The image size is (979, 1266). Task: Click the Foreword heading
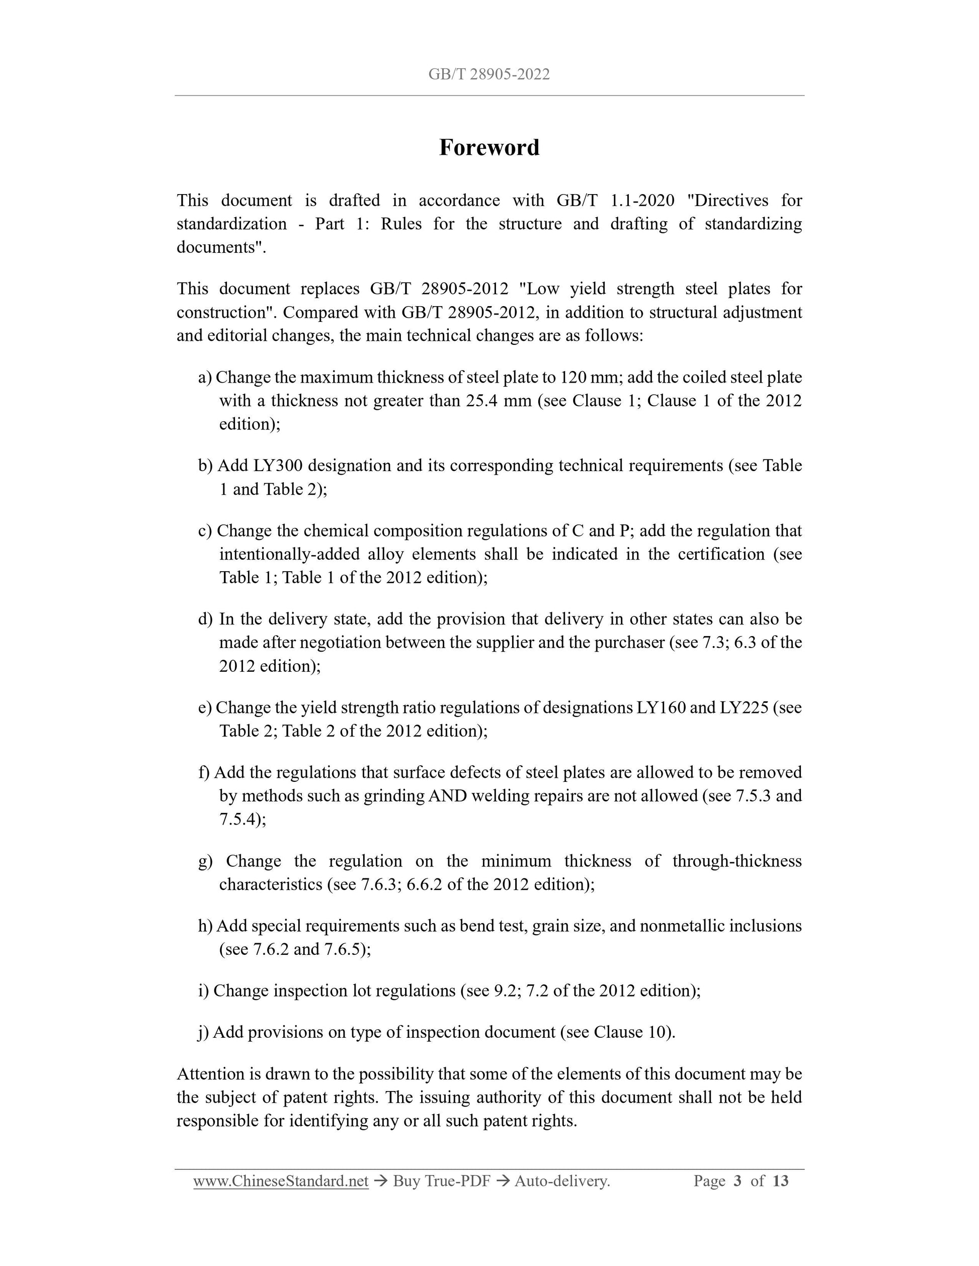tap(489, 147)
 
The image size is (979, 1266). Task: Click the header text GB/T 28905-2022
tap(489, 74)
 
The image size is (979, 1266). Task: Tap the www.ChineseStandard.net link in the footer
tap(281, 1181)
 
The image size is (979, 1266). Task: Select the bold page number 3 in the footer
tap(737, 1181)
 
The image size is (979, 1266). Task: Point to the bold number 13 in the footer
tap(781, 1181)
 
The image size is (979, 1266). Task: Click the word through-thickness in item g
tap(737, 861)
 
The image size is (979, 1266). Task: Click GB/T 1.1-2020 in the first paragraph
tap(615, 201)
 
